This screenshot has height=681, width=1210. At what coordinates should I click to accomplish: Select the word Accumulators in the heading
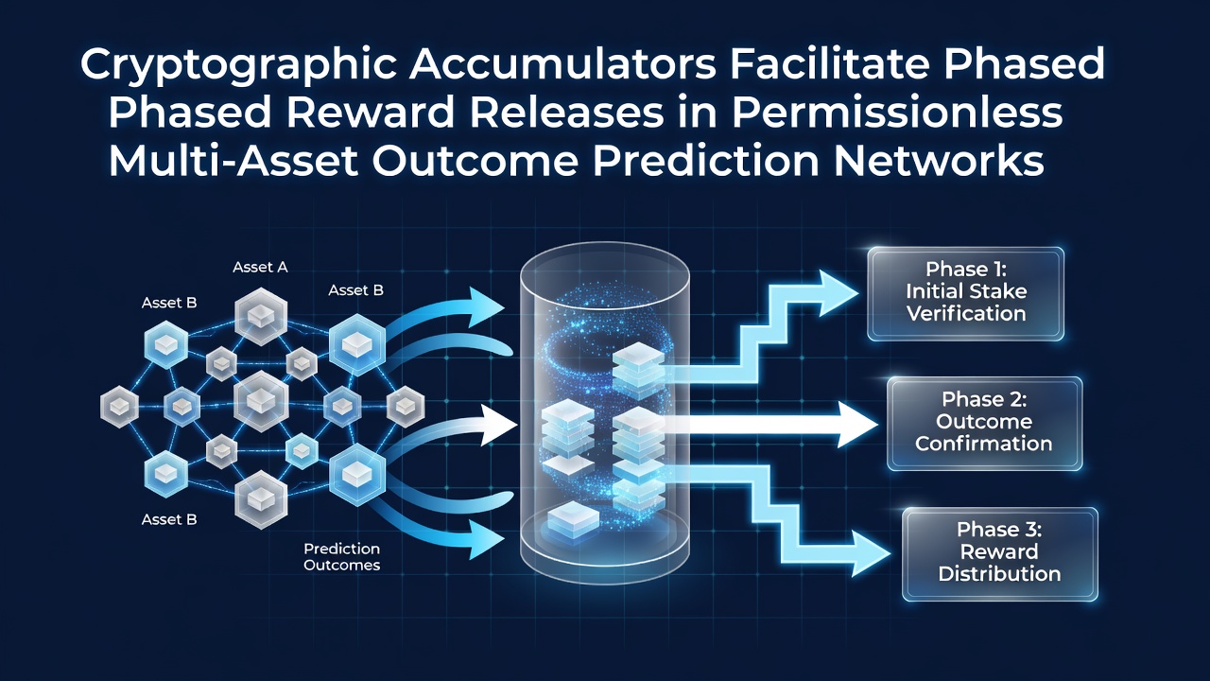tap(562, 63)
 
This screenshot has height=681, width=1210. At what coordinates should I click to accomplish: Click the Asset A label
tap(260, 267)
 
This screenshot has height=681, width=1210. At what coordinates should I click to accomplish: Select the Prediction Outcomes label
tap(342, 557)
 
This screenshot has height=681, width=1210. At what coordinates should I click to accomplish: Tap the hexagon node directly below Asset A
tap(261, 316)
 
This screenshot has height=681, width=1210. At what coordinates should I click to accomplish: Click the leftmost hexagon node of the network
tap(119, 407)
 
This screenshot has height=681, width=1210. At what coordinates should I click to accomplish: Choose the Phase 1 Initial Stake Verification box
tap(966, 293)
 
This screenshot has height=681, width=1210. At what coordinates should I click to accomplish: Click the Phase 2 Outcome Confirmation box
tap(984, 423)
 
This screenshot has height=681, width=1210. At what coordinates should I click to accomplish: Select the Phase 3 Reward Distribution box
tap(1000, 553)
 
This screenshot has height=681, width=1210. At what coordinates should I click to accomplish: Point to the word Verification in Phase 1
tap(966, 313)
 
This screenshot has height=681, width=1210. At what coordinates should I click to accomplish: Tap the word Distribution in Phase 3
tap(1000, 573)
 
